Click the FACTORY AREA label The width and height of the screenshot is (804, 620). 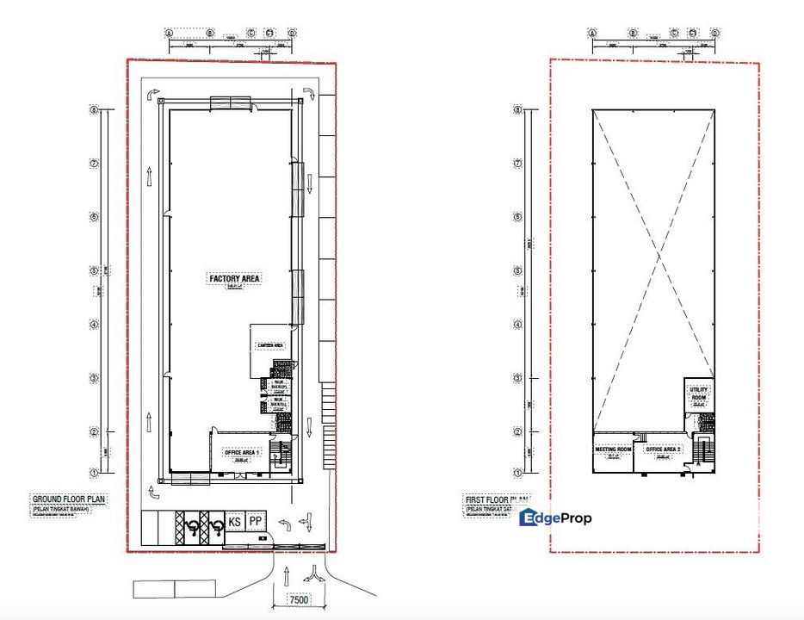point(235,278)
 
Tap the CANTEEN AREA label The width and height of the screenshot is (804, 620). point(269,345)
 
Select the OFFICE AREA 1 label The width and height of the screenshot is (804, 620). point(242,452)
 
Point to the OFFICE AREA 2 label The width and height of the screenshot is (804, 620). point(664,449)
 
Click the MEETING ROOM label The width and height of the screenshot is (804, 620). point(614,449)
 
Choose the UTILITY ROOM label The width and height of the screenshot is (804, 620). point(698,394)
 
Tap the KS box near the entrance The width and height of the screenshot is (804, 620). point(234,522)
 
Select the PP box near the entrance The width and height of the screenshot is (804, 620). point(255,522)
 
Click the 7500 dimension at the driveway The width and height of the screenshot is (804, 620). point(298,599)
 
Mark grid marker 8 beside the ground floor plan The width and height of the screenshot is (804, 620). point(96,109)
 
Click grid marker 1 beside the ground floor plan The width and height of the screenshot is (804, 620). point(96,471)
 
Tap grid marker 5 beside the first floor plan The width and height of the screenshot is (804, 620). point(516,270)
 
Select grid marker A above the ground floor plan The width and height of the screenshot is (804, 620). point(170,33)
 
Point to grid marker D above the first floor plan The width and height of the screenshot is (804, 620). point(714,33)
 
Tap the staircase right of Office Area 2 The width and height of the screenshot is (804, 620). point(703,451)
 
